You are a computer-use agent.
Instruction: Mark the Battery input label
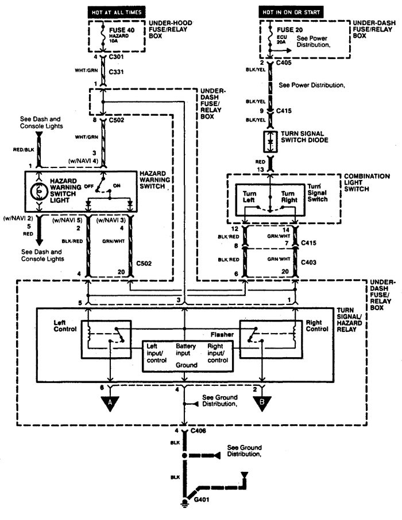pos(185,350)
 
